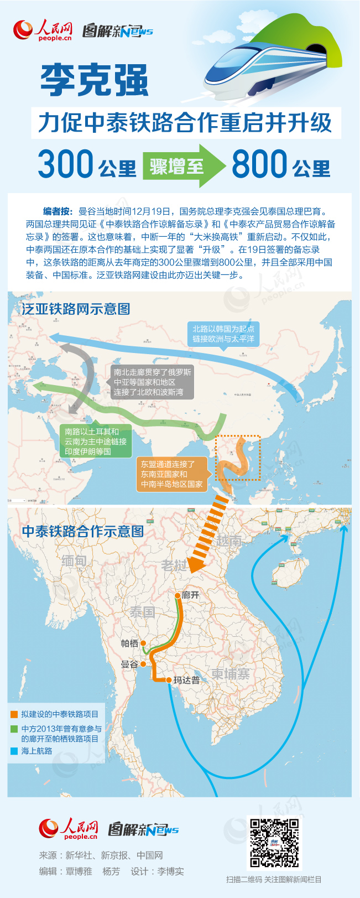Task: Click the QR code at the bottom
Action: pos(274,843)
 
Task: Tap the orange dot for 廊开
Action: pos(178,595)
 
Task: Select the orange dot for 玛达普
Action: pos(169,680)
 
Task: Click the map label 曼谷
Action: pos(129,664)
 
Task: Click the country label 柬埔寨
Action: pos(230,673)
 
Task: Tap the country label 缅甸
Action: pos(74,561)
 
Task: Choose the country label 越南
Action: pos(228,541)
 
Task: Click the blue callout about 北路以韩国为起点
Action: pos(223,334)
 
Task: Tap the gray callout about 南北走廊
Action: pos(153,382)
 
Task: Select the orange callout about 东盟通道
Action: pos(172,474)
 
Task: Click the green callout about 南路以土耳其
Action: pos(96,442)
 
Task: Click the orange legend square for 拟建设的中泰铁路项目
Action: pos(14,714)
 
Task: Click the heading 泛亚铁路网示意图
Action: pos(76,309)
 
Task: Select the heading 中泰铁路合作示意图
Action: pos(83,532)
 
